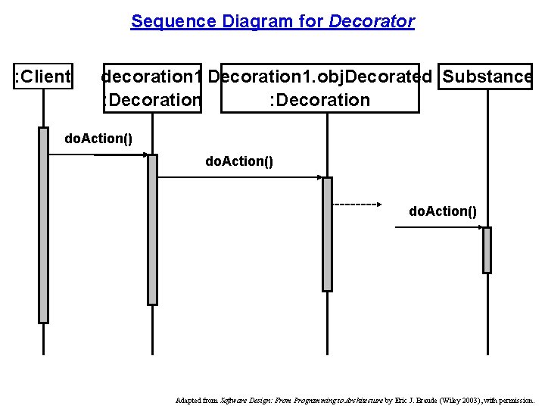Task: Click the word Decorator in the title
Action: click(372, 21)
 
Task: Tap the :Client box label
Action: click(43, 76)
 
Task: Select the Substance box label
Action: click(487, 76)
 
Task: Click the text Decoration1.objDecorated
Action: click(319, 76)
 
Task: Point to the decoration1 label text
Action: click(151, 76)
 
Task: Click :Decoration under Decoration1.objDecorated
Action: click(319, 100)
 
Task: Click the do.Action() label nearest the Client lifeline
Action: click(98, 139)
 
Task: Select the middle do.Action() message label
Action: click(239, 161)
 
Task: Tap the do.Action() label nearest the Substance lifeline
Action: click(443, 211)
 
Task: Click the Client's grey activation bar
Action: click(43, 225)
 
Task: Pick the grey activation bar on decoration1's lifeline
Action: click(152, 229)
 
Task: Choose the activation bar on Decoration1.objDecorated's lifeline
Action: click(327, 233)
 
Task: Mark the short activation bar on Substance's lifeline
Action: click(487, 250)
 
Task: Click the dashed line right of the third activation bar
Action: click(357, 204)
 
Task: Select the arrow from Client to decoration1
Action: click(121, 155)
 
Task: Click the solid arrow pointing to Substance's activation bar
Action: click(439, 227)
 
